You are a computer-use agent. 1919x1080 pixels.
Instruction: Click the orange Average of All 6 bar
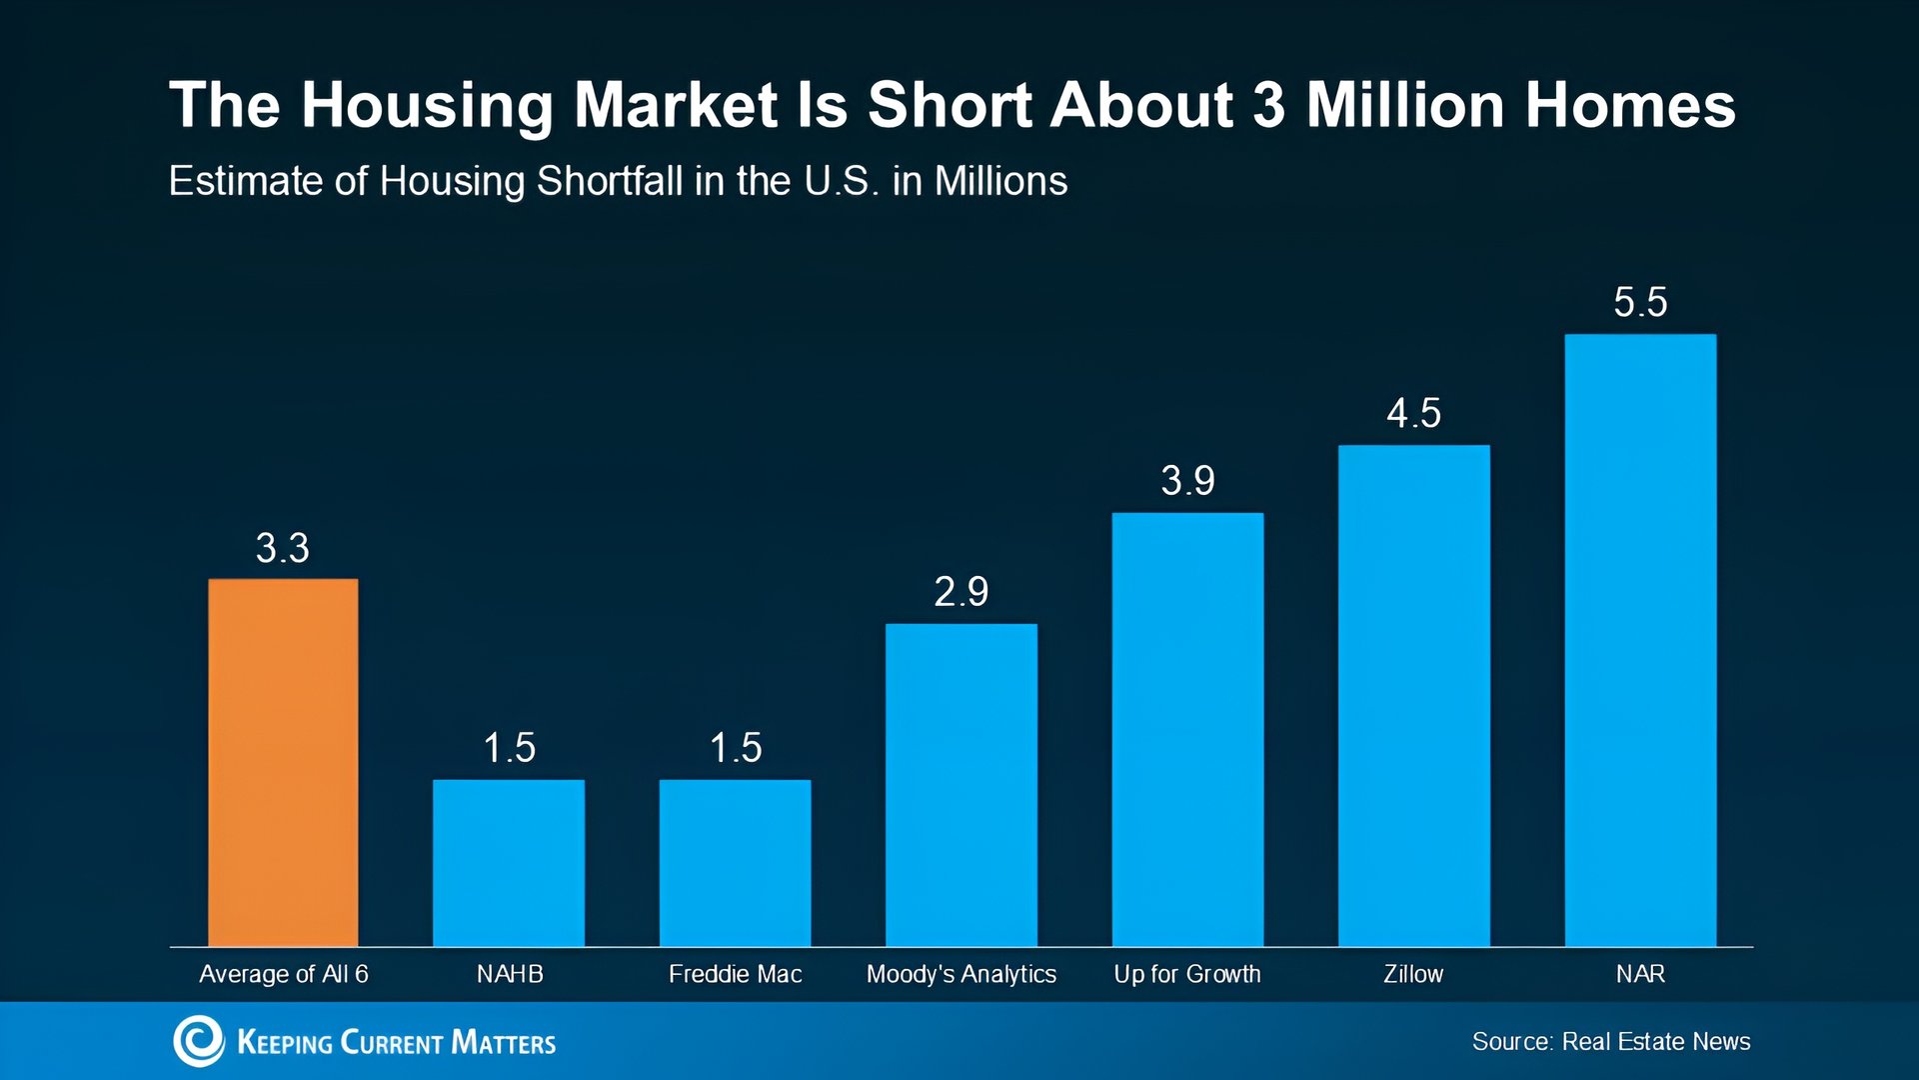[283, 762]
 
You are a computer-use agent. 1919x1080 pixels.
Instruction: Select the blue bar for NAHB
[509, 862]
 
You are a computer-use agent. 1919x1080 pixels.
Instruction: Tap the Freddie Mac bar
[735, 862]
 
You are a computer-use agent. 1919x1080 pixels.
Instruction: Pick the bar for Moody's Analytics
[960, 785]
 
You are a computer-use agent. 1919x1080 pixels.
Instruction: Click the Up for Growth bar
[1187, 729]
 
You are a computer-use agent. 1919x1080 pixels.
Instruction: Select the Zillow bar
[1413, 695]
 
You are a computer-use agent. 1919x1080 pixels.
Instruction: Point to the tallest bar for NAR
[1640, 640]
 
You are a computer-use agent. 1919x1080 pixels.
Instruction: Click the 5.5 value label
[1640, 302]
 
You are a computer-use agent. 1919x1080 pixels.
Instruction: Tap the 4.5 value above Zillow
[1413, 413]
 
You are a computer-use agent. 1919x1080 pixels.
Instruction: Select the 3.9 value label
[1187, 481]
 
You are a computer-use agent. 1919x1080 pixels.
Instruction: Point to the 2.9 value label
[960, 592]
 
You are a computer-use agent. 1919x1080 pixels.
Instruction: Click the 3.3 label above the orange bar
[283, 548]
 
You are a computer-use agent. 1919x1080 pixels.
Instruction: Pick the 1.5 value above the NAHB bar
[509, 748]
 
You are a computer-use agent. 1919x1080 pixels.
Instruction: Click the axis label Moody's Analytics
[960, 974]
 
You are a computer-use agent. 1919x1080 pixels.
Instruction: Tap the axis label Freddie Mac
[735, 974]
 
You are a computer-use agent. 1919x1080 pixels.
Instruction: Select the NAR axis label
[1640, 974]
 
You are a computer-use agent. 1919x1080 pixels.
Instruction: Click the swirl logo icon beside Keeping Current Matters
[199, 1041]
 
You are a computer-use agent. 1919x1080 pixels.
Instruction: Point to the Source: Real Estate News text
[1610, 1042]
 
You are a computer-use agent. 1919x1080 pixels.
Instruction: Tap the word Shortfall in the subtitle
[610, 182]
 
